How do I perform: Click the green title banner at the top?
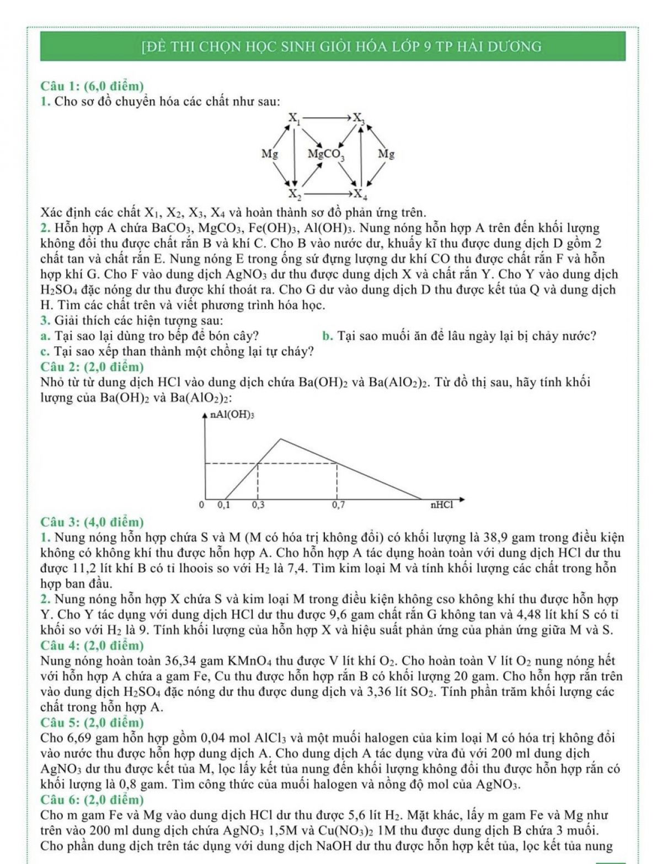tap(333, 46)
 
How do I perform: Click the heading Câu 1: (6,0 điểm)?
tap(92, 86)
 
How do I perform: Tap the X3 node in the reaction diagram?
tap(359, 118)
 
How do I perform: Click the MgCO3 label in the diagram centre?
tap(326, 154)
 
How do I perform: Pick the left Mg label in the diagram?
tap(269, 154)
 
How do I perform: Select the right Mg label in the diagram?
tap(386, 154)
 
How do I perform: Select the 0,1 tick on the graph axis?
tap(224, 504)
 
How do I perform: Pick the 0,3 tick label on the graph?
tap(258, 504)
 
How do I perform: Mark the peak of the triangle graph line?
tap(281, 439)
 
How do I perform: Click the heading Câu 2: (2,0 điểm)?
tap(92, 367)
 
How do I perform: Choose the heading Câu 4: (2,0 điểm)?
tap(92, 645)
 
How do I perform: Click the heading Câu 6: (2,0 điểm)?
tap(92, 799)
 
